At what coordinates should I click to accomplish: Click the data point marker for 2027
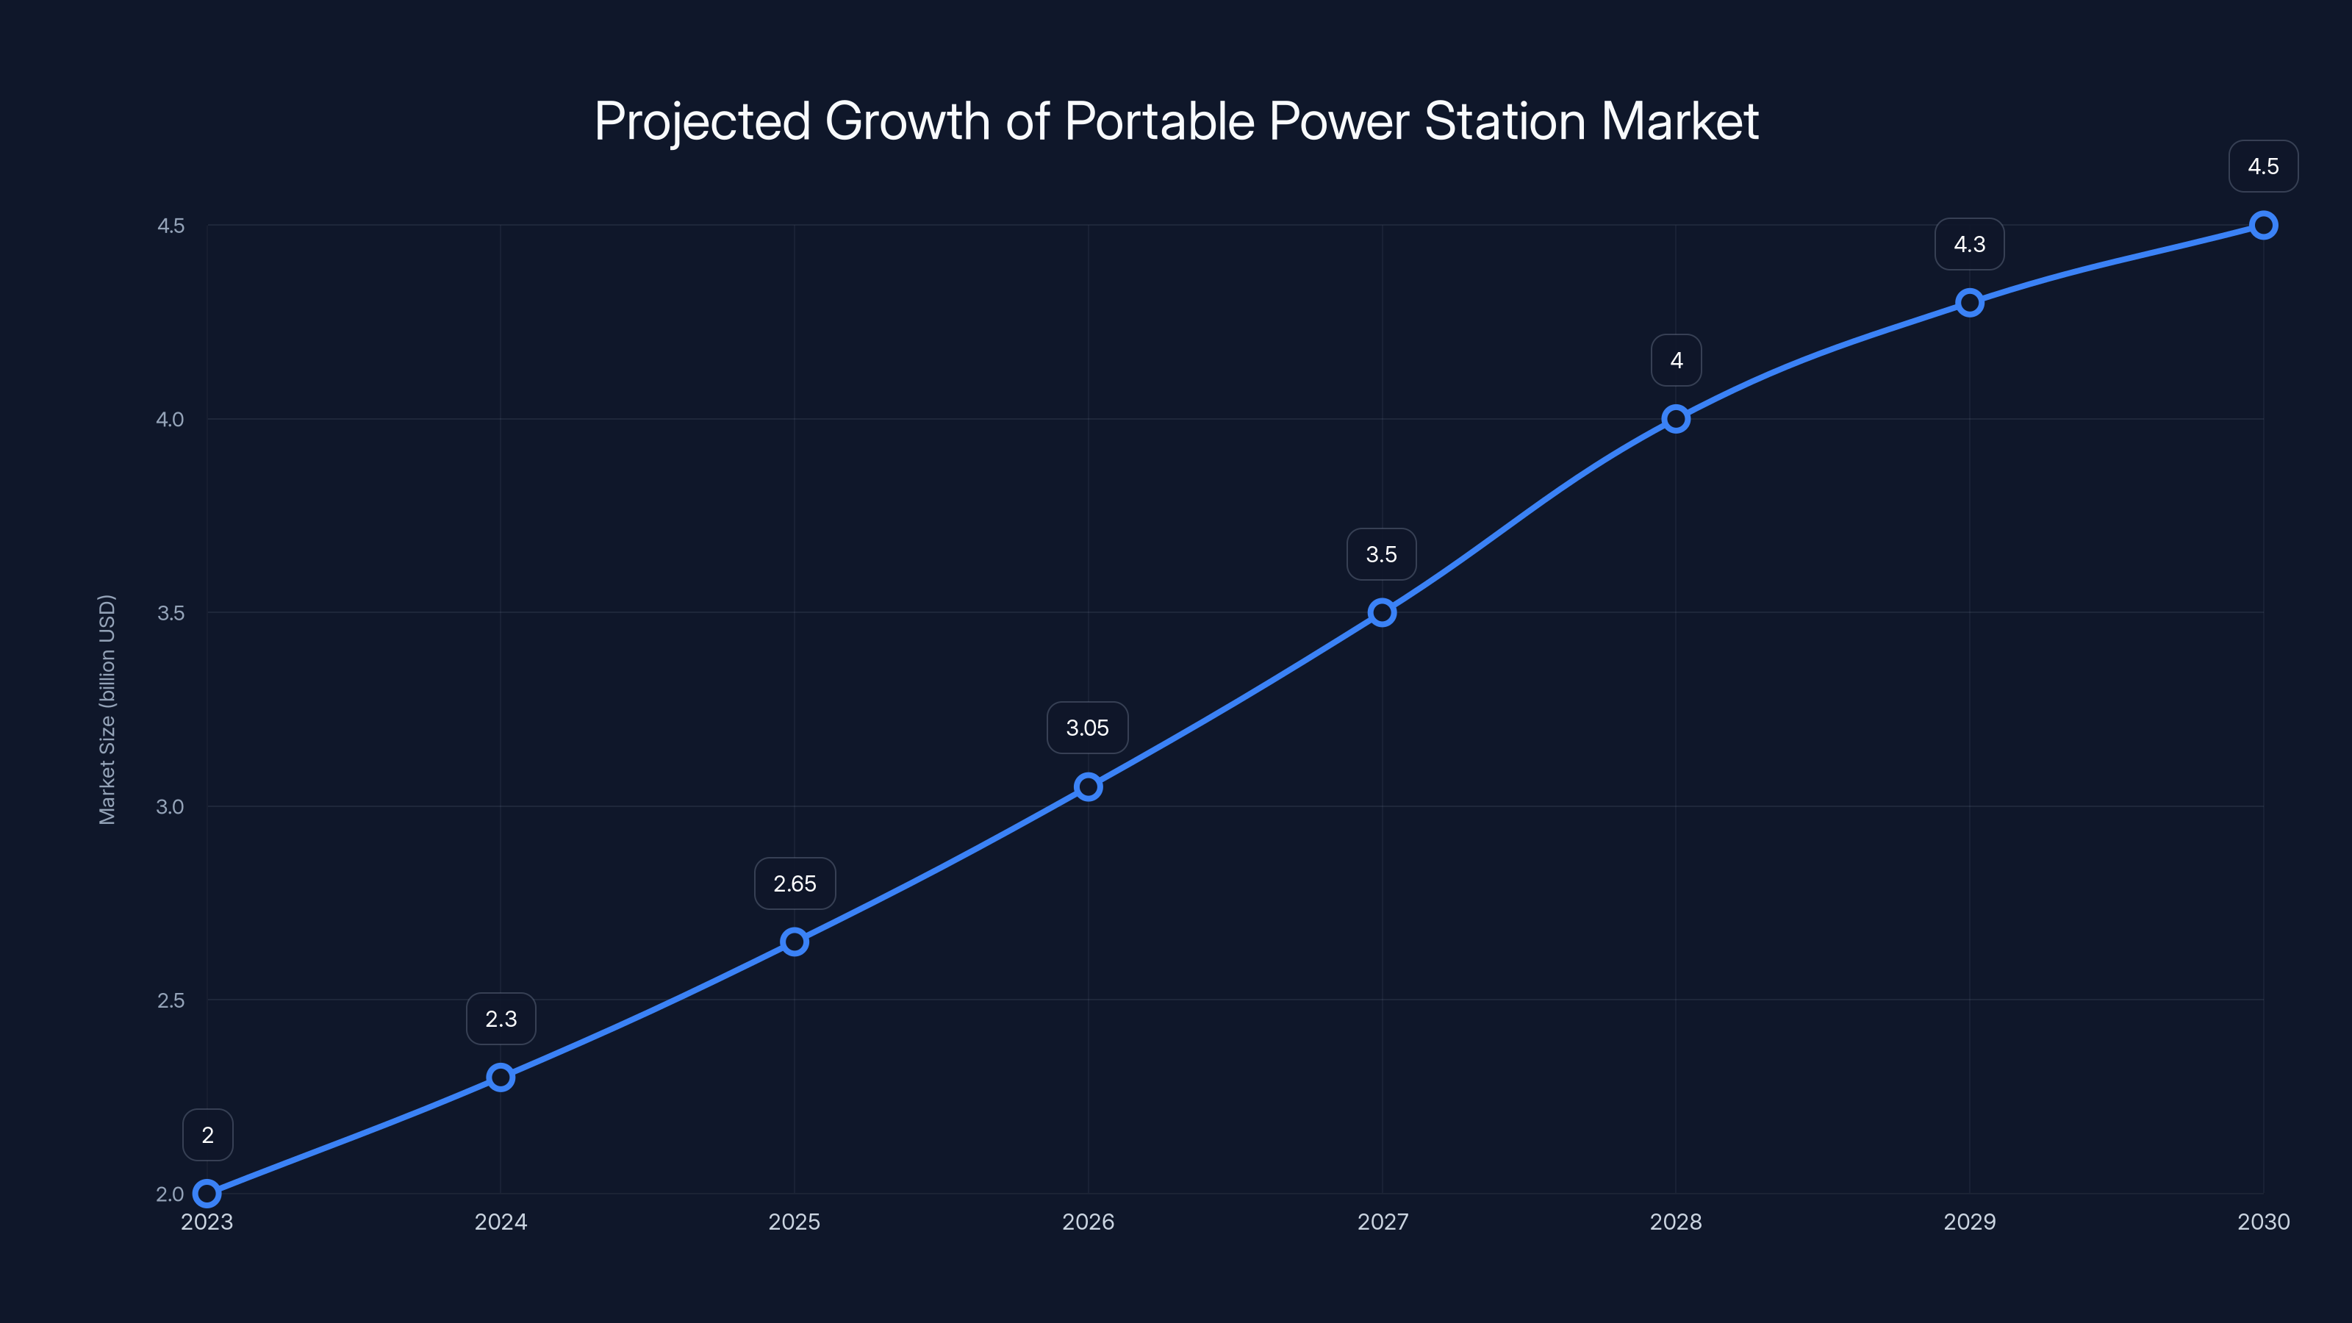pos(1382,613)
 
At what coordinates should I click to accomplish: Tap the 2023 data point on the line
pos(207,1194)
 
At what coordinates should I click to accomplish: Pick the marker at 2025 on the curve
pos(795,942)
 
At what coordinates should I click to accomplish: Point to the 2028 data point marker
pos(1676,419)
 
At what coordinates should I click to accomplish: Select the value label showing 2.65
pos(795,883)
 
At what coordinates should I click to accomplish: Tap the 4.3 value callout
pos(1970,244)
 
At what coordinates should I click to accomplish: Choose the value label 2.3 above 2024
pos(501,1019)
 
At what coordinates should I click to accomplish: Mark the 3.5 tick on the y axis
pos(171,613)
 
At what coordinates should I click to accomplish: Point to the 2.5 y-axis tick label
pos(171,1000)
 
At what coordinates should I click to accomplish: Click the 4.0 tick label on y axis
pos(171,419)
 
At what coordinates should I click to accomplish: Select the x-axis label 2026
pos(1088,1222)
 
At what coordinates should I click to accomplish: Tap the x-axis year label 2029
pos(1970,1222)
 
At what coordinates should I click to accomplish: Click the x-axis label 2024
pos(501,1222)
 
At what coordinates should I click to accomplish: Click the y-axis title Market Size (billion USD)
pos(107,709)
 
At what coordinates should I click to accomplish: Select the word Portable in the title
pos(1158,121)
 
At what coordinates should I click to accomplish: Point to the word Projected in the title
pos(702,121)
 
